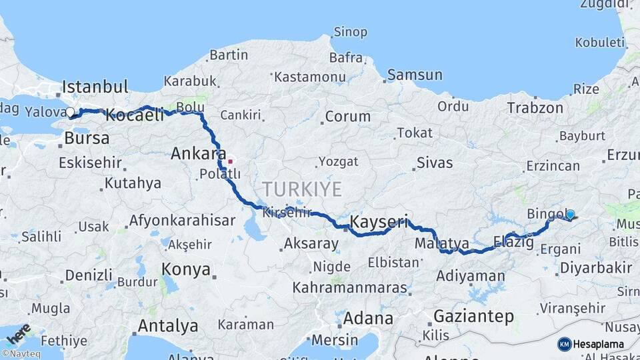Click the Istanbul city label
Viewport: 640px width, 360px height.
tap(95, 87)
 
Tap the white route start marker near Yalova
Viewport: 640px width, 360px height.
tap(70, 112)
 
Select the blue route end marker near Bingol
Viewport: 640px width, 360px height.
tap(570, 214)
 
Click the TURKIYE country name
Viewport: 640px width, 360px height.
tap(302, 189)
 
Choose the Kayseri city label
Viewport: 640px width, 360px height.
tap(379, 221)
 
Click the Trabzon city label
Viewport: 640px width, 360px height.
tap(535, 107)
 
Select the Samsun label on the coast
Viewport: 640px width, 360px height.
tap(415, 75)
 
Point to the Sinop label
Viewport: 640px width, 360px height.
tap(350, 32)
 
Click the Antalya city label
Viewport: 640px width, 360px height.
tap(167, 326)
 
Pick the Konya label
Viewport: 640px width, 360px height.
tap(186, 270)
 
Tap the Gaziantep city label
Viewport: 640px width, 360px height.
tap(473, 316)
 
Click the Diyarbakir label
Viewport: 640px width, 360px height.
tap(596, 268)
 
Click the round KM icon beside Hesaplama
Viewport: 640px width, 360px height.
tap(565, 344)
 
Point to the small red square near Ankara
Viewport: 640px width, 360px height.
tap(230, 161)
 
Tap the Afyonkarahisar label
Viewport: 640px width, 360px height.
tap(182, 220)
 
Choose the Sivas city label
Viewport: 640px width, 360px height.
tap(435, 163)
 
